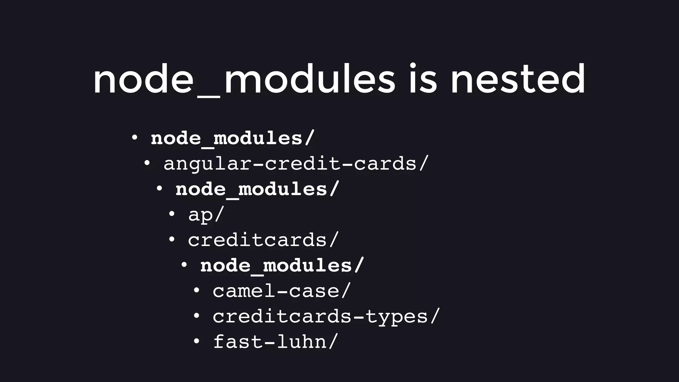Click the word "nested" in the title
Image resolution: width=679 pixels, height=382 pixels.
518,80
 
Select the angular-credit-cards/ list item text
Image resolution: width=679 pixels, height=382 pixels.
296,164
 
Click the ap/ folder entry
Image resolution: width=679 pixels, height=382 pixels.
206,215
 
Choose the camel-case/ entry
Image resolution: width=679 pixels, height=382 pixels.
281,291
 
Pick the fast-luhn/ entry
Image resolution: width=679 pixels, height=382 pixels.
275,342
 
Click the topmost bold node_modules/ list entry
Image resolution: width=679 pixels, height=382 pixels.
232,138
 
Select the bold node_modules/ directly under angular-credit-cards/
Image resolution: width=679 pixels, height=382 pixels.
257,189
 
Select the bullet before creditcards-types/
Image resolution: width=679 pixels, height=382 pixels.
196,315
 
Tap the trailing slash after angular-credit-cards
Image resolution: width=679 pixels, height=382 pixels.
423,164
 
